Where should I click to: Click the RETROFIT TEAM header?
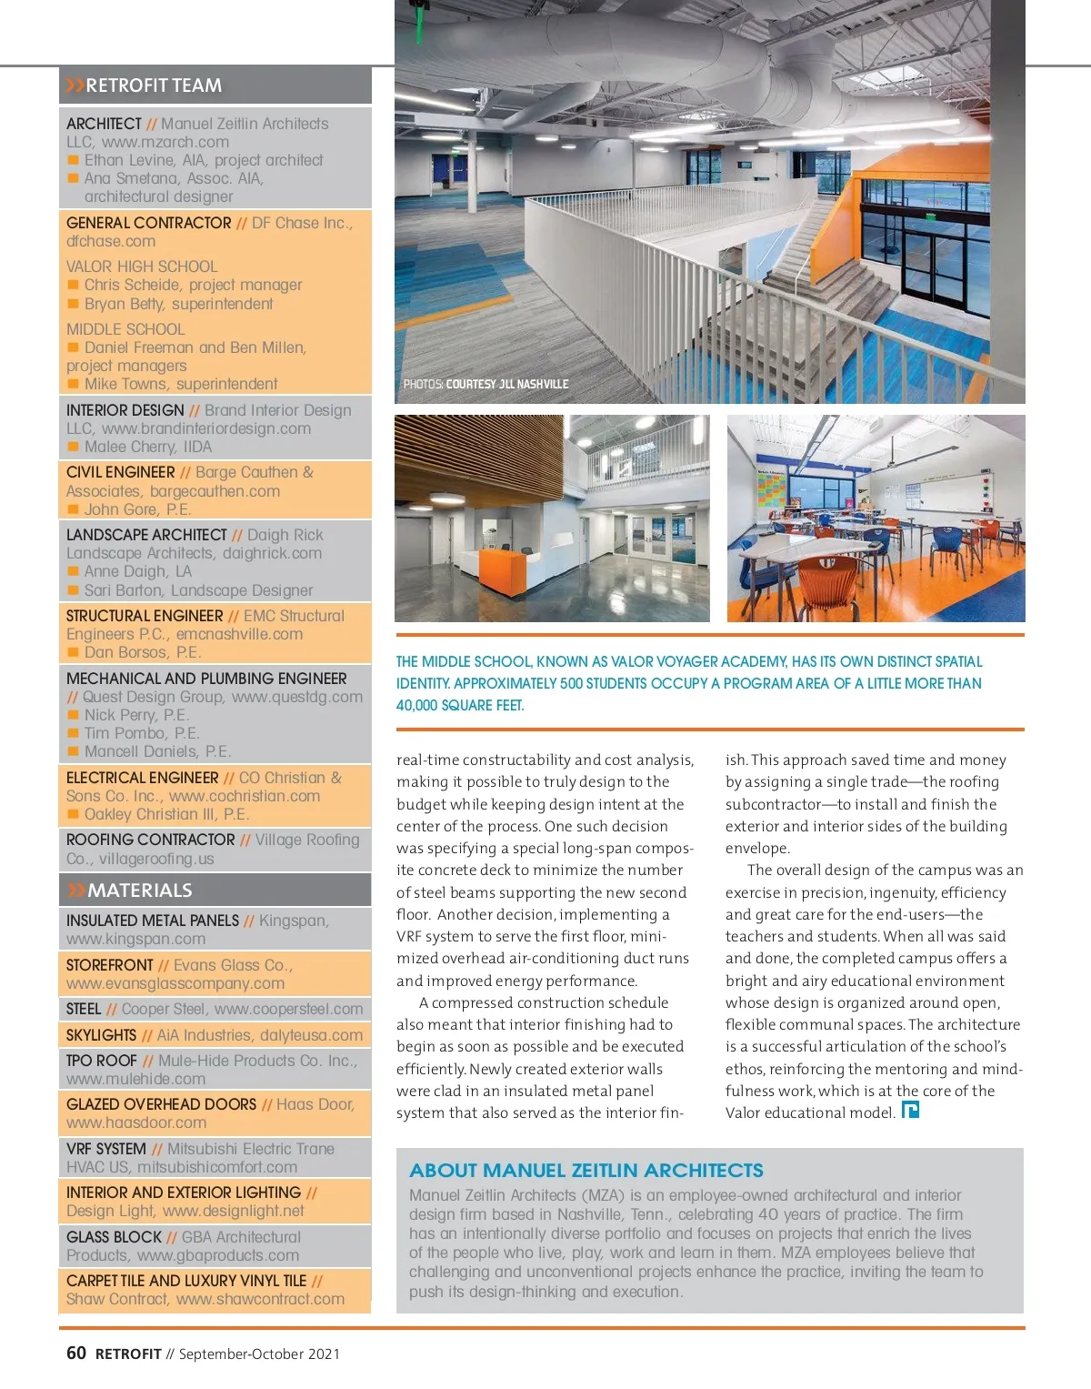coord(153,86)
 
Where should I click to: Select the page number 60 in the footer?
coord(76,1353)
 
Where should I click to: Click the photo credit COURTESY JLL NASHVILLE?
coord(506,385)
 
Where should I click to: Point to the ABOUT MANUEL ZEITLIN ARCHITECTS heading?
coord(586,1171)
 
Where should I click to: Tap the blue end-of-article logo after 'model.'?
coord(910,1110)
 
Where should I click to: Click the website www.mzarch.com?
coord(165,142)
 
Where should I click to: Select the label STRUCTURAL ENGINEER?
coord(145,616)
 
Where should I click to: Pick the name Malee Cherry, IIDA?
coord(147,447)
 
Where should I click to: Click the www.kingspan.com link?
coord(135,939)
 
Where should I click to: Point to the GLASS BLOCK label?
coord(114,1237)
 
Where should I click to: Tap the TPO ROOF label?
coord(102,1061)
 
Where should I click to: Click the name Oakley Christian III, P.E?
coord(166,814)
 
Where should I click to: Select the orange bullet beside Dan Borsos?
coord(74,652)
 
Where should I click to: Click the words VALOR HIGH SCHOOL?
coord(142,267)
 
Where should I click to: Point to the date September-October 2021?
coord(259,1354)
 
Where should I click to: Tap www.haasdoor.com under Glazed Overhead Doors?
coord(135,1122)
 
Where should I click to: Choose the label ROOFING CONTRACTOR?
coord(150,840)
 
